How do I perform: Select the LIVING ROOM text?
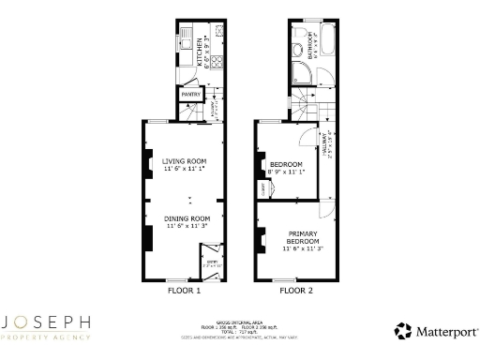pos(184,161)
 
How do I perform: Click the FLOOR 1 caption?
pos(184,291)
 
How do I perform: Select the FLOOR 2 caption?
pos(294,291)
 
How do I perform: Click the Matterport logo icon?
pos(403,330)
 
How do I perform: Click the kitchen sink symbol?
pos(187,42)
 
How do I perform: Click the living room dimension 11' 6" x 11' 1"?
pos(184,169)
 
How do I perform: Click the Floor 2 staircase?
pos(302,103)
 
